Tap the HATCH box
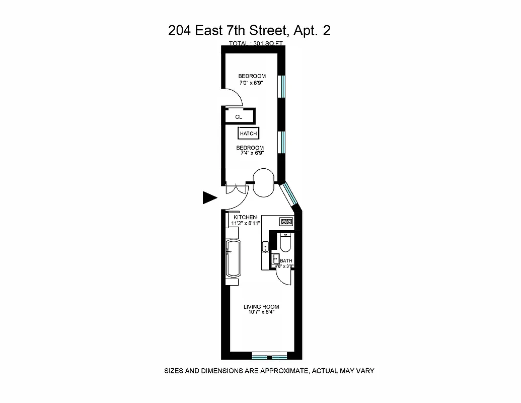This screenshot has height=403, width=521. [248, 133]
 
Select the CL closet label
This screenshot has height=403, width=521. [239, 117]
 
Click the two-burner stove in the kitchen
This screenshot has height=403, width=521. [286, 221]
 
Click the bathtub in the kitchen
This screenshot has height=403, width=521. [233, 257]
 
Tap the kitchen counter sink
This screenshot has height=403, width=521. [265, 247]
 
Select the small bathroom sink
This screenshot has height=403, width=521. [275, 259]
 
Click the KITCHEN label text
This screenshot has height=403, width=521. [245, 217]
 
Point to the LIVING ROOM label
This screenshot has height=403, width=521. [261, 307]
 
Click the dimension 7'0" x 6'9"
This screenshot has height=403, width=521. [252, 83]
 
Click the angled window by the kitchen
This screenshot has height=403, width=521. [289, 195]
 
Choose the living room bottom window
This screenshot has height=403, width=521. [269, 357]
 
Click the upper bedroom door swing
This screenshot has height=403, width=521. [233, 97]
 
